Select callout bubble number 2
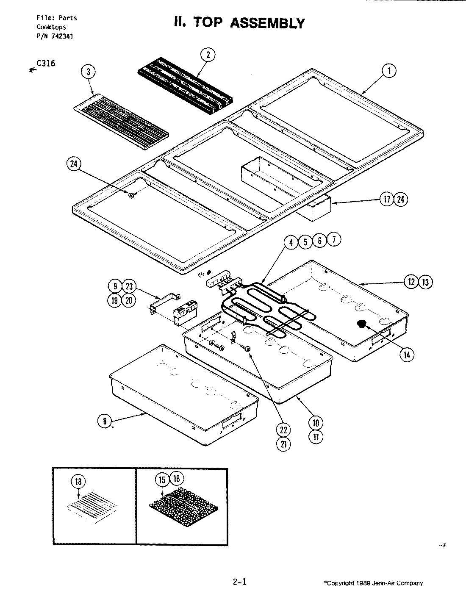[208, 55]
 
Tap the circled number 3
[88, 72]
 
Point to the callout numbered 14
[407, 355]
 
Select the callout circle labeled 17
[387, 200]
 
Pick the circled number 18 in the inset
[79, 482]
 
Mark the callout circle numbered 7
[333, 240]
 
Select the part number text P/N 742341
[55, 36]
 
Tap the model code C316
[46, 64]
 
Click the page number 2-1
[239, 582]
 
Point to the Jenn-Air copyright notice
[373, 583]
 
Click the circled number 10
[316, 422]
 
